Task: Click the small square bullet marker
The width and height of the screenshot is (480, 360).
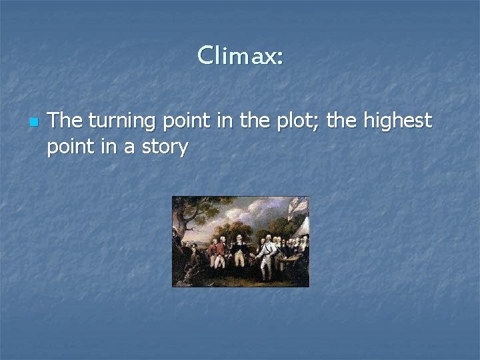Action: tap(33, 123)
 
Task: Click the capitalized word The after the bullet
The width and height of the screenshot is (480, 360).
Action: tap(65, 121)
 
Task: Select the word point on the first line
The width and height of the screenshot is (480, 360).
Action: tap(183, 121)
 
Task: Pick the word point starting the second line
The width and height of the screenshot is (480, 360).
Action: tap(69, 146)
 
